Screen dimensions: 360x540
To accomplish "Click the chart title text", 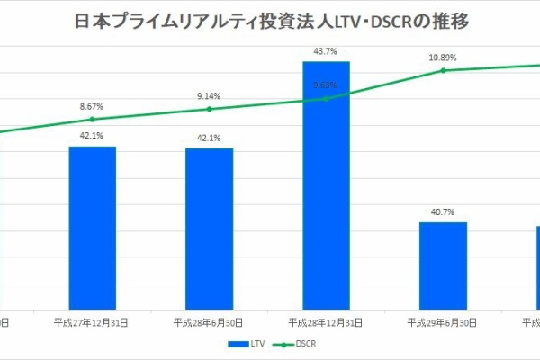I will (x=269, y=21).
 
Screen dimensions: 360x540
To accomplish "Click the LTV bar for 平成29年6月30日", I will (x=443, y=265).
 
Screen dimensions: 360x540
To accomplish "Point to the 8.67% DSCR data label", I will (x=92, y=106).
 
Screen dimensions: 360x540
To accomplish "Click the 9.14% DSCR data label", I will (x=209, y=95).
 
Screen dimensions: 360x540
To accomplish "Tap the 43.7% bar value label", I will (x=326, y=51).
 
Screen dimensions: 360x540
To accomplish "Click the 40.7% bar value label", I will (x=443, y=212).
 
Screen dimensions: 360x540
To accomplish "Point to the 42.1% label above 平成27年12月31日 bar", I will (x=92, y=136).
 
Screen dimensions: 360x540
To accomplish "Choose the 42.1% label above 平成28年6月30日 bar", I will (x=209, y=138).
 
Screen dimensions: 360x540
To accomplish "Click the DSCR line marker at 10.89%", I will (x=443, y=70).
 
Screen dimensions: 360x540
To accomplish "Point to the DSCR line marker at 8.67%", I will (x=92, y=119).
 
